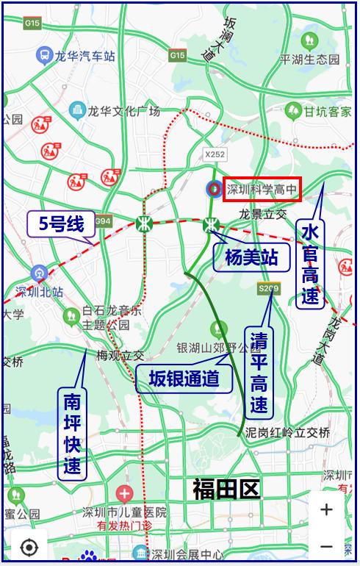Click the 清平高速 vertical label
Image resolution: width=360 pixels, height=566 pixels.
(x=259, y=371)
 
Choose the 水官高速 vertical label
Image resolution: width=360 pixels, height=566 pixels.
(x=310, y=265)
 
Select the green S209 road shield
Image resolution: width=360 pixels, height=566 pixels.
(x=268, y=289)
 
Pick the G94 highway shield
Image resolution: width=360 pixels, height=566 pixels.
(x=103, y=221)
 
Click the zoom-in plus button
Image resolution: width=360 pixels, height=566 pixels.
(x=326, y=509)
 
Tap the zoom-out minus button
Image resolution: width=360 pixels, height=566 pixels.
(x=326, y=546)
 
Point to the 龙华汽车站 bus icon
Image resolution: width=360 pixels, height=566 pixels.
(x=44, y=56)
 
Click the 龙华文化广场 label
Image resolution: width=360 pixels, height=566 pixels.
(x=124, y=112)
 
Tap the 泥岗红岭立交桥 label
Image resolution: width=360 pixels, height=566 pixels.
(x=288, y=431)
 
